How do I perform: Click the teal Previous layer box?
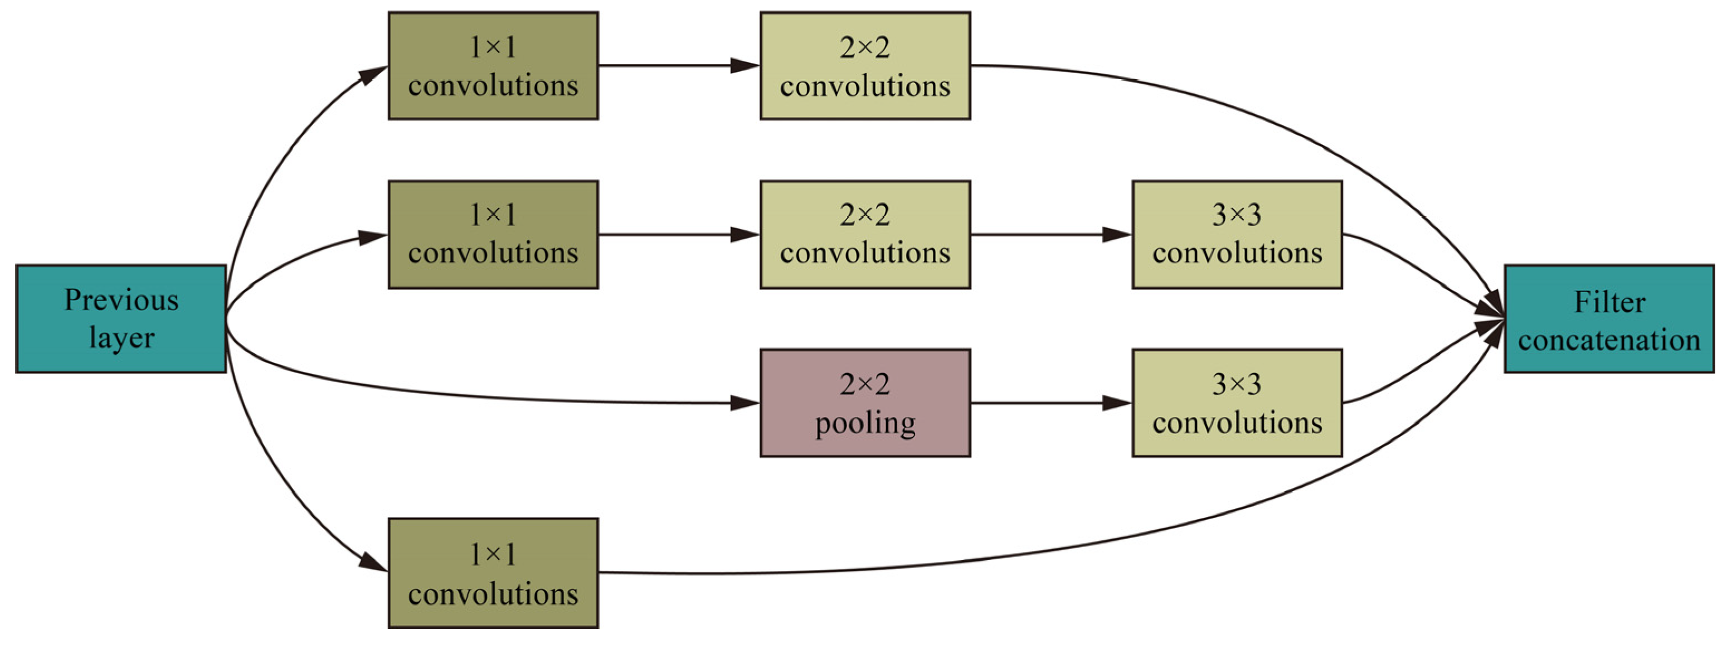pos(121,318)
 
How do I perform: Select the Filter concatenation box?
pos(1608,318)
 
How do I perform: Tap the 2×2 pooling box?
pos(865,403)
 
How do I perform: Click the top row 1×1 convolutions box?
pos(493,65)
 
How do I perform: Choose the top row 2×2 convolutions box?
pos(865,65)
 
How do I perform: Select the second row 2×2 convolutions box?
pos(865,234)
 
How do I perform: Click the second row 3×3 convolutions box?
pos(1237,234)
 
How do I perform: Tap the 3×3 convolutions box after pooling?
pos(1237,403)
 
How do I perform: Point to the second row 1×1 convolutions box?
pos(493,234)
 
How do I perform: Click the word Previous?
pos(121,300)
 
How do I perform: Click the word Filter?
pos(1609,302)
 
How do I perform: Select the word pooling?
pos(865,423)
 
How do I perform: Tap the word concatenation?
pos(1608,340)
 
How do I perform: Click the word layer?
pos(121,338)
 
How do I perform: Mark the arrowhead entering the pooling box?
pos(745,403)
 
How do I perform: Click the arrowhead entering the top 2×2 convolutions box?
pos(745,65)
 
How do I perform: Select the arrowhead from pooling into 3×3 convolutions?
pos(1117,403)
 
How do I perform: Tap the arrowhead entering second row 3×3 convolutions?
pos(1117,234)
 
